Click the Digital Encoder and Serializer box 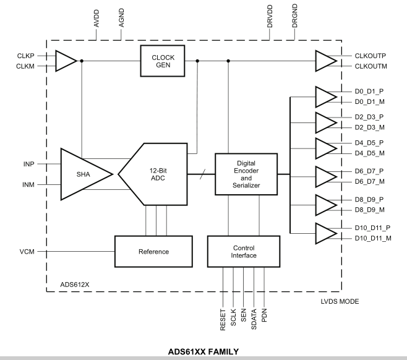(246, 174)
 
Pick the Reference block (153, 252)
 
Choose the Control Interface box (246, 251)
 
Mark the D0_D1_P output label (369, 90)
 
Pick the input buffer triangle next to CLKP (64, 61)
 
